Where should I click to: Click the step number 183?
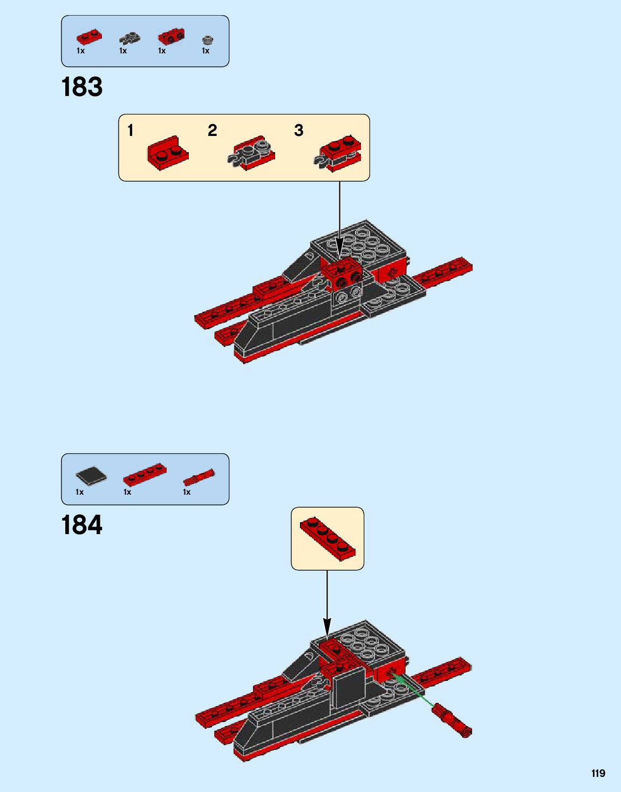click(82, 87)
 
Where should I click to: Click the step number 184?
click(82, 525)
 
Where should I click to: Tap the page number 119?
click(598, 773)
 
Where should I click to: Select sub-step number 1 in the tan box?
click(130, 130)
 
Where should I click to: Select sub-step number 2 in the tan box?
click(212, 130)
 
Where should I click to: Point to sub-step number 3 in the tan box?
click(298, 130)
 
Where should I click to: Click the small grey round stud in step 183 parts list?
click(207, 39)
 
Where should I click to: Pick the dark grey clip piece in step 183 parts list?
click(129, 38)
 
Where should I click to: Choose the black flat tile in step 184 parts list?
click(91, 475)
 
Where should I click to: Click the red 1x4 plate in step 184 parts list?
click(145, 474)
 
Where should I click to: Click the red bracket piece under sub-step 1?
click(168, 153)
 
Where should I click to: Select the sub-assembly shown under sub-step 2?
click(252, 153)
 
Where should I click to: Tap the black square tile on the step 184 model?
click(349, 687)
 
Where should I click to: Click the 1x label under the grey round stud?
click(206, 51)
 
